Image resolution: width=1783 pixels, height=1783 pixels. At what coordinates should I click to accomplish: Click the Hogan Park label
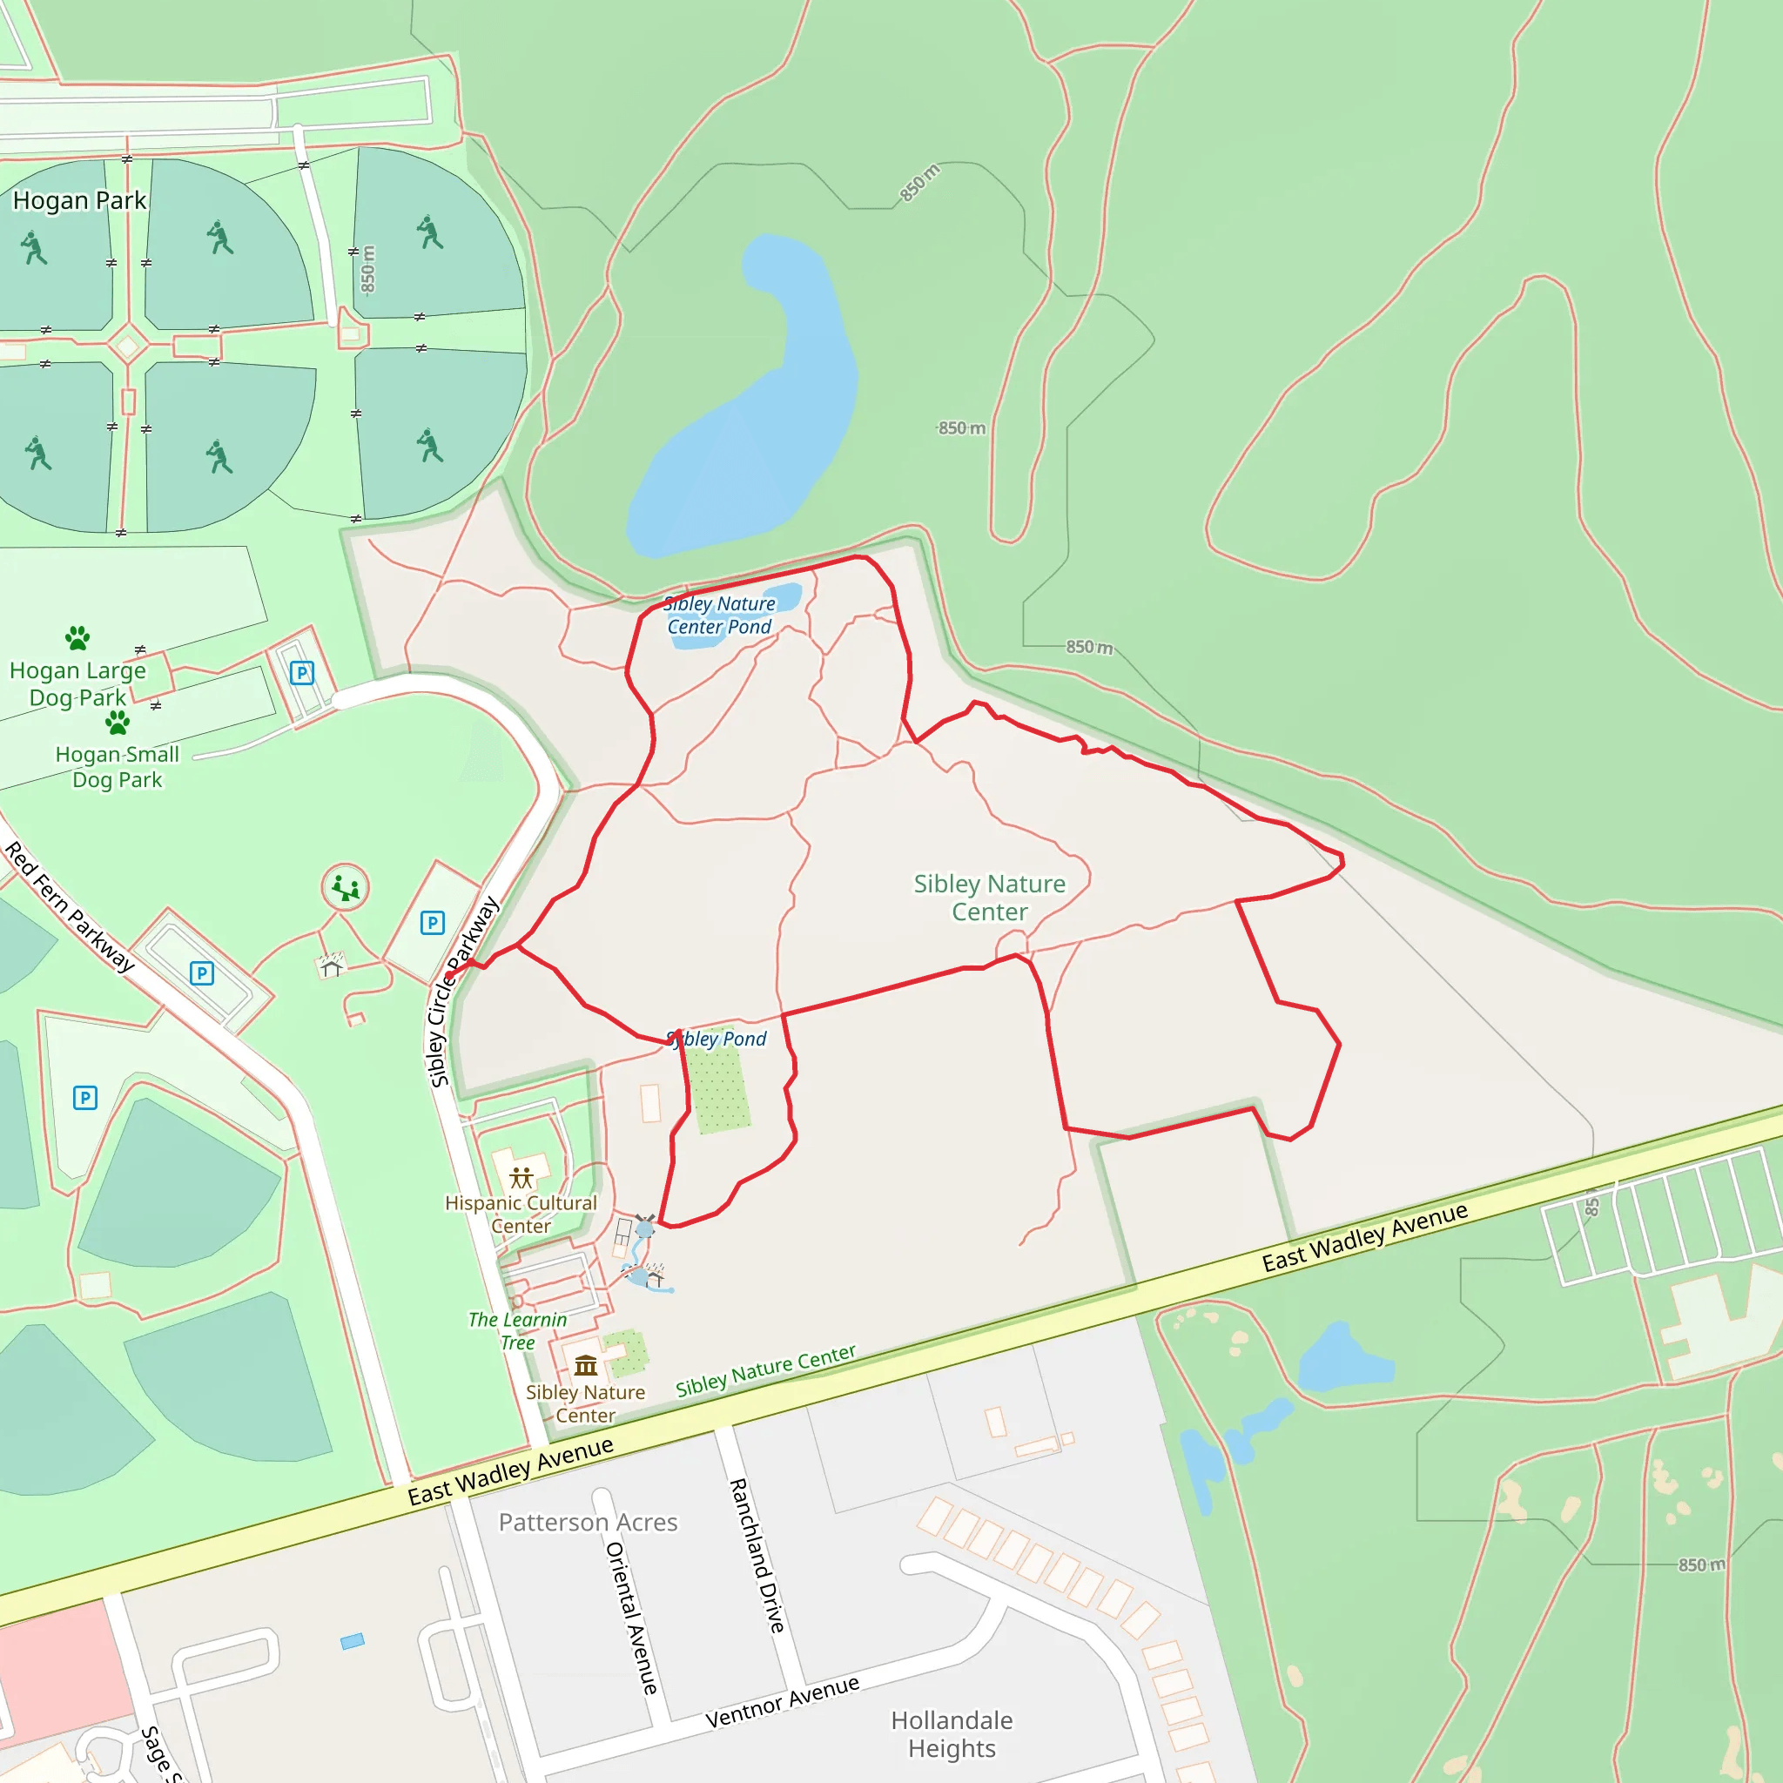[79, 200]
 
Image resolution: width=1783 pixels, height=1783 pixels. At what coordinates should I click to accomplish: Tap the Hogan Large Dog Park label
[77, 683]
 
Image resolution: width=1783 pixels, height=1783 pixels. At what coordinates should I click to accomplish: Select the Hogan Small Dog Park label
[118, 767]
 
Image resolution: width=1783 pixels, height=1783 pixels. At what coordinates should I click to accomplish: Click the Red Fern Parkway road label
[70, 907]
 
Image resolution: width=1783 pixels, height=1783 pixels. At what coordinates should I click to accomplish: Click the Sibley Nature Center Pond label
[720, 616]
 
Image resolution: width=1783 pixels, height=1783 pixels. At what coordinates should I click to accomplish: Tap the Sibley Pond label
[717, 1040]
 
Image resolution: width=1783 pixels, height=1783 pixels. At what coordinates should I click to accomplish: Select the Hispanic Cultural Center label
[521, 1214]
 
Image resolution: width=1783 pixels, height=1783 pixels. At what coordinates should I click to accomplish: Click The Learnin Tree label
[517, 1331]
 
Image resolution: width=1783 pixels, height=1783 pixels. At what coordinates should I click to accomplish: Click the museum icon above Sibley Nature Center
[586, 1365]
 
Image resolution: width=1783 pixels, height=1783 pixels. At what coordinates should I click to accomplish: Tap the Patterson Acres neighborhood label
[588, 1523]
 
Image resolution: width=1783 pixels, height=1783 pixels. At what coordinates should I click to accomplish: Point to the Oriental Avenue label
[632, 1618]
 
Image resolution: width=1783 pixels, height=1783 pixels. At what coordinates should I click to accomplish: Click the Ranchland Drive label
[757, 1555]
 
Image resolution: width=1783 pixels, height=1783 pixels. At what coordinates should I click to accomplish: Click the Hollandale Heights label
[952, 1734]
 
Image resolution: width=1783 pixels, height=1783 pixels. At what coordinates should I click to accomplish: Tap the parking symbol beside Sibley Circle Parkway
[432, 923]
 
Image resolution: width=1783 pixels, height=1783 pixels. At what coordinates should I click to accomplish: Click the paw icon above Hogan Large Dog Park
[77, 636]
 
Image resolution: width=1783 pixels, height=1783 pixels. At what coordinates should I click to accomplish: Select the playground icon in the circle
[345, 888]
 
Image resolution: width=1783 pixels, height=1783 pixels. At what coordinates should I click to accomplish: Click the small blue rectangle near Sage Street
[353, 1642]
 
